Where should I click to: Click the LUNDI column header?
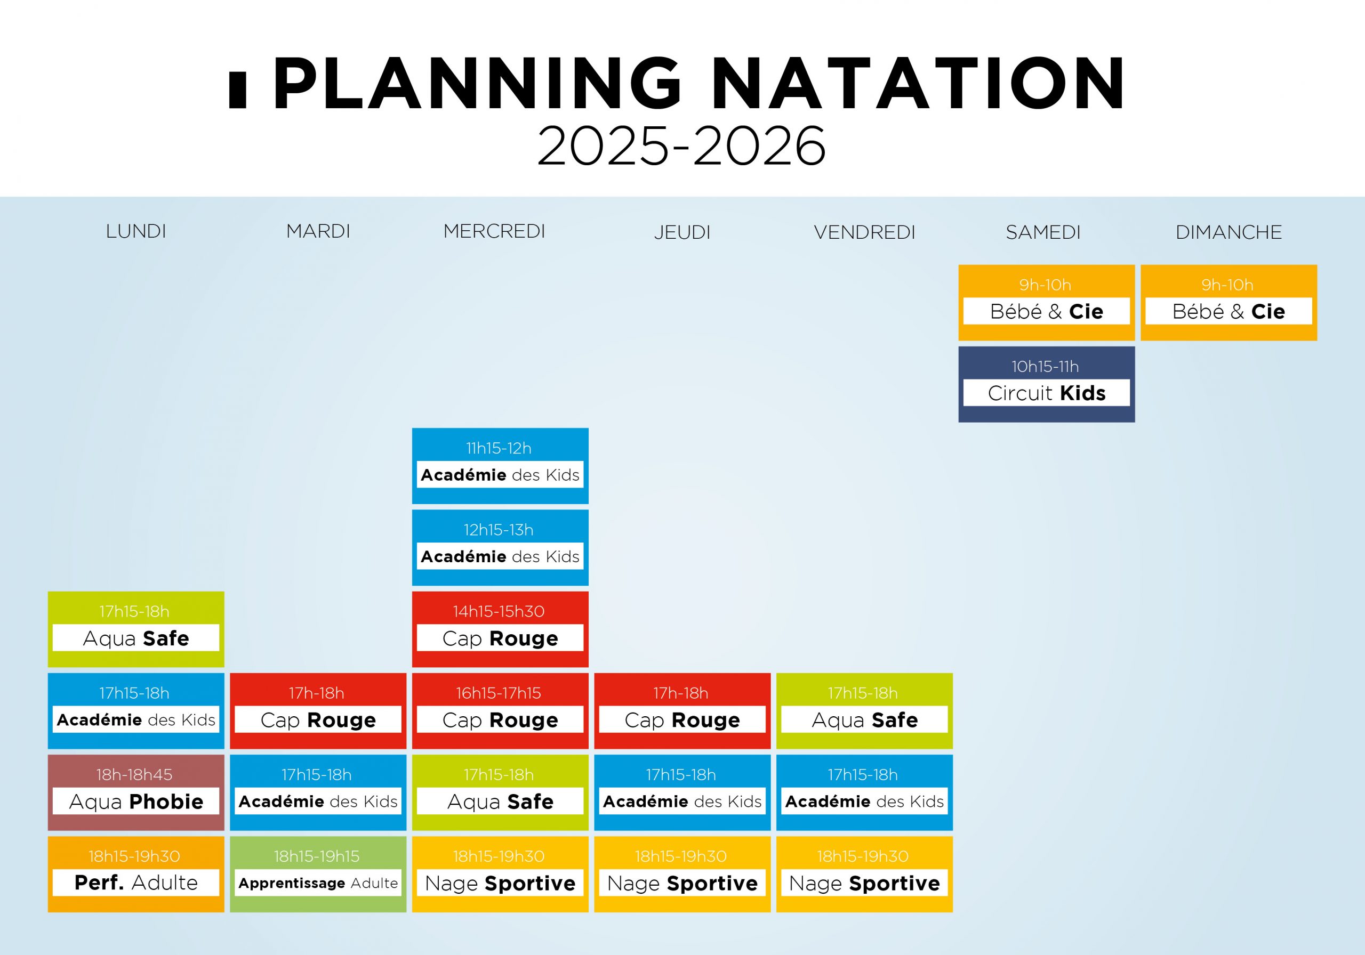[135, 231]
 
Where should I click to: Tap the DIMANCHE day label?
[1228, 232]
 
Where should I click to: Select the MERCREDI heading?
[494, 231]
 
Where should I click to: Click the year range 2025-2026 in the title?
[681, 145]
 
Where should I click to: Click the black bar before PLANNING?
[237, 90]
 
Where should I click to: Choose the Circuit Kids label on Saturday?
[1046, 393]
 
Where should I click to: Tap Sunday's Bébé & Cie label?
[1228, 311]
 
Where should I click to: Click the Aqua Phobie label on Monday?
[136, 802]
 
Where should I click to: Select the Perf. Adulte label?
[136, 883]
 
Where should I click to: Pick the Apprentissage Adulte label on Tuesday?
[318, 883]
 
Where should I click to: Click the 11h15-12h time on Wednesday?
[499, 449]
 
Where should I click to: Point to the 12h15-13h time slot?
[499, 530]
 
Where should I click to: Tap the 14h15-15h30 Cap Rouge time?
[499, 611]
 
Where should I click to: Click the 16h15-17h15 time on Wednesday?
[499, 693]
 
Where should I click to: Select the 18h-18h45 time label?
[134, 775]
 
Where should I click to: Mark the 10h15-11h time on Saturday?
[1045, 367]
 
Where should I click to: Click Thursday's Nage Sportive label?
[682, 884]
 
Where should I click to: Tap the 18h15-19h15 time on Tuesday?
[316, 856]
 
